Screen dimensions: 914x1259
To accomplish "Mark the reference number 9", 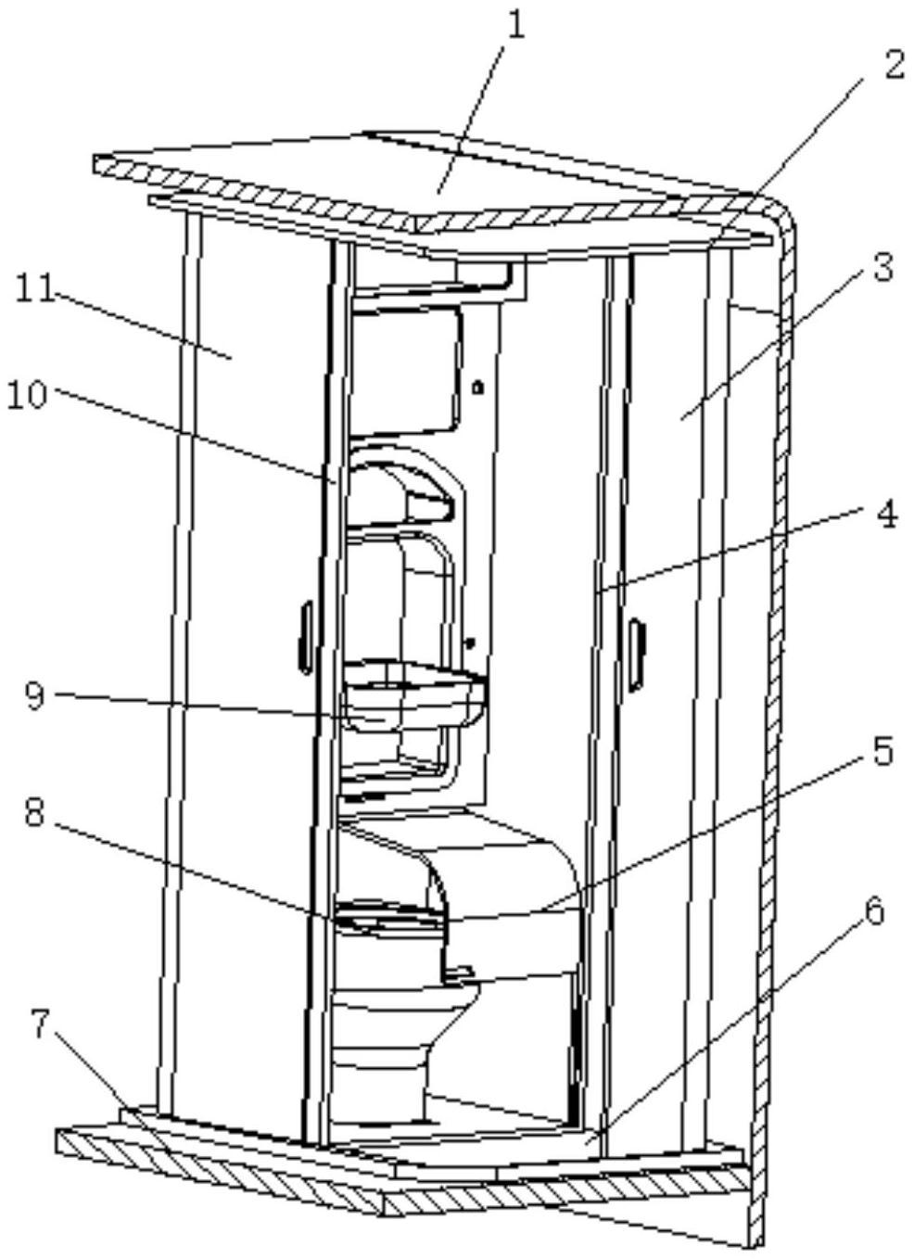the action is tap(35, 694).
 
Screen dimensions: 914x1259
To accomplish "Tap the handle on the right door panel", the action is tap(637, 654).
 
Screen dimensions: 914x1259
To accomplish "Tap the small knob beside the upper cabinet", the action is tap(479, 388).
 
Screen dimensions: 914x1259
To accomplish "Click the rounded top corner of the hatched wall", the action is tap(779, 210).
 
